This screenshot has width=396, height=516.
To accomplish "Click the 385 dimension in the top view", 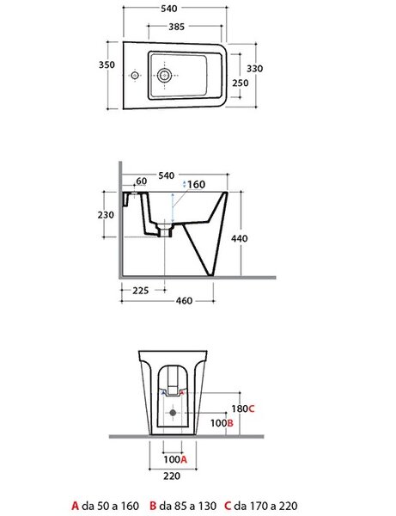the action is coord(176,27).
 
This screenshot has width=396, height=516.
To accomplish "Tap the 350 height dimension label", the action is coord(107,64).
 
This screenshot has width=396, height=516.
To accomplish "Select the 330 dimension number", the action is coord(254,69).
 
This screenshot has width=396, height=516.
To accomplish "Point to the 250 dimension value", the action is coord(241,83).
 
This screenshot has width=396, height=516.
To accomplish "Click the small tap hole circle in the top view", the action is coord(134,76).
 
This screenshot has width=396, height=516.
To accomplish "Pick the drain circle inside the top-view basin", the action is coord(164,76).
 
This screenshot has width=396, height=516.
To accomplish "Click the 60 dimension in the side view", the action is coord(142,181).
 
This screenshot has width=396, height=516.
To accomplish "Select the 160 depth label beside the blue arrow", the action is coord(197,184).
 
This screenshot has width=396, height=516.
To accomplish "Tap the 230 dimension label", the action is coord(106,215).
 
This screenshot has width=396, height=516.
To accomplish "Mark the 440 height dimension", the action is coord(240,238).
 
